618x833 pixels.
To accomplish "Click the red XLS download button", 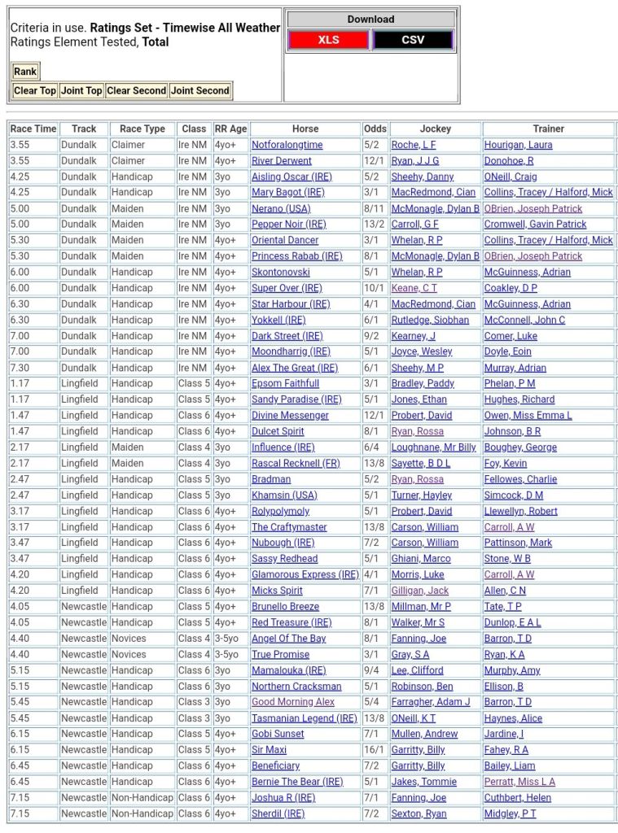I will (x=328, y=40).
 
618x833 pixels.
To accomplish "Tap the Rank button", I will (x=25, y=72).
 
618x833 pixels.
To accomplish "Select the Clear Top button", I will (x=35, y=90).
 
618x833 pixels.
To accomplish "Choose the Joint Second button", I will (x=200, y=90).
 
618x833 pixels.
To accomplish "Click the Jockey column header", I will (x=435, y=129).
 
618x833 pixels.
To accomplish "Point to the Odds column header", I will (x=375, y=129).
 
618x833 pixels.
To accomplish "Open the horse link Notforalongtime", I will (x=287, y=145).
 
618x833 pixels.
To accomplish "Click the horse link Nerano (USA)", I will (x=281, y=208).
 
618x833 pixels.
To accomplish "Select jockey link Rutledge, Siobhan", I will (x=430, y=320).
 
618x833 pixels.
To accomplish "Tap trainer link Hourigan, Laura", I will (x=518, y=145).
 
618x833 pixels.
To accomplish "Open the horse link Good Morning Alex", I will (x=293, y=702).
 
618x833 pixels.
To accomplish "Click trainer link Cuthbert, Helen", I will (x=517, y=797).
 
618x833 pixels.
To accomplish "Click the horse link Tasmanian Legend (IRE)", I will (x=305, y=718).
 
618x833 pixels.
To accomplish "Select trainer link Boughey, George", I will (x=520, y=447).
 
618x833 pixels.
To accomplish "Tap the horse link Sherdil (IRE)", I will (x=278, y=813).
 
